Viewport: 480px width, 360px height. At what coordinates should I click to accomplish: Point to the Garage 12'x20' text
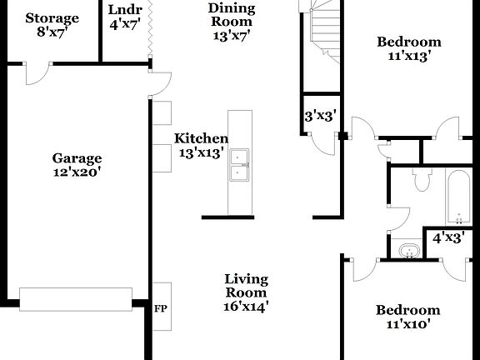[77, 165]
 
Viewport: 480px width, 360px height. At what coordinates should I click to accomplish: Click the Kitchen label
[201, 146]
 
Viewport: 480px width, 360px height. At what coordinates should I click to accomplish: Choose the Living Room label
[246, 292]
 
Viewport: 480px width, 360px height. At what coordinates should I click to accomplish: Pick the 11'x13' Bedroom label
[408, 49]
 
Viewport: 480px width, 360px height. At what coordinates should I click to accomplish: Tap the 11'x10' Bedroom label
[407, 317]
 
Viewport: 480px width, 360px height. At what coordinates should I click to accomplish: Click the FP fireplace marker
[161, 308]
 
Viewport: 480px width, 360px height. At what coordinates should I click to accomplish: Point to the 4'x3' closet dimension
[448, 238]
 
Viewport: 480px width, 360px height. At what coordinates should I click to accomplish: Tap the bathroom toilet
[421, 178]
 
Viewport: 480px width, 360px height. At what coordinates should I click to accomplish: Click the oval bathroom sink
[409, 251]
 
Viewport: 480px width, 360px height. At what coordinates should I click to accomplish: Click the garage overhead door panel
[76, 298]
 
